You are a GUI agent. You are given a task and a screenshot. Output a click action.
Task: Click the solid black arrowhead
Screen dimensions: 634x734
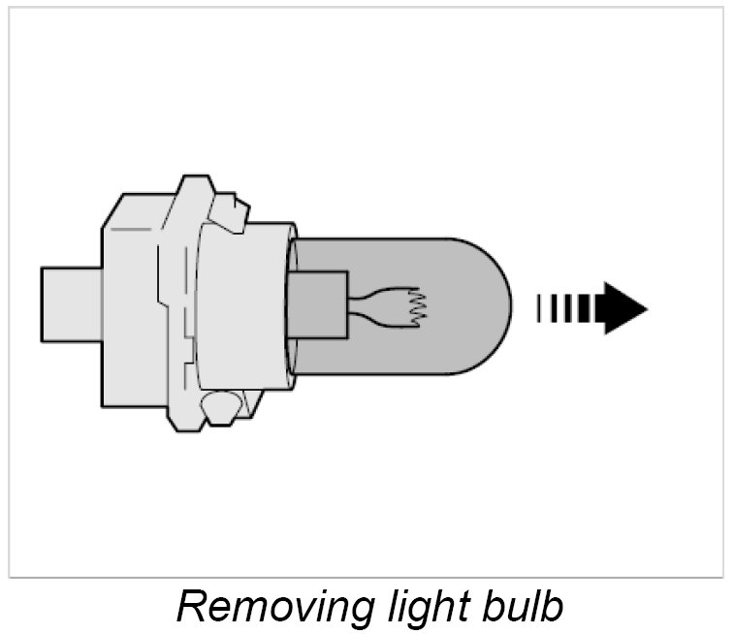623,307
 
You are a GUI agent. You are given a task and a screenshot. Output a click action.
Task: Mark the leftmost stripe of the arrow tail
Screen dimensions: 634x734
540,307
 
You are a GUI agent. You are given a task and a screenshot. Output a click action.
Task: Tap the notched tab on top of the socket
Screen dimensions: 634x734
231,207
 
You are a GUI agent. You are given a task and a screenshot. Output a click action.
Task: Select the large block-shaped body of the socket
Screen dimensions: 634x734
131,305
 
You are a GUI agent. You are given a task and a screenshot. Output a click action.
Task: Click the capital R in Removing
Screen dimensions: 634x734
191,607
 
